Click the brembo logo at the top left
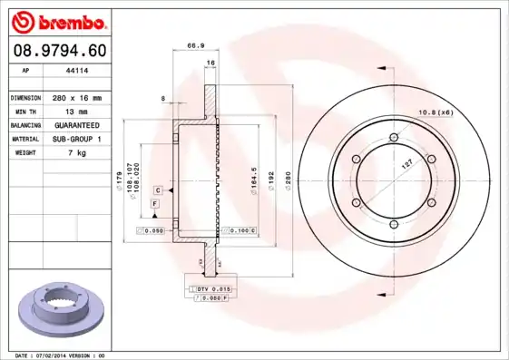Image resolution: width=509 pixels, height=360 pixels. [58, 21]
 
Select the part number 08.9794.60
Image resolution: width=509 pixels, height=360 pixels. [58, 51]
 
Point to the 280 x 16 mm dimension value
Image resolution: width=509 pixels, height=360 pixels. [76, 97]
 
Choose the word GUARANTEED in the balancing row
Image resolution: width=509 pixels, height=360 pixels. [76, 124]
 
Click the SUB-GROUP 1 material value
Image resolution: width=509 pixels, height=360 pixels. [76, 139]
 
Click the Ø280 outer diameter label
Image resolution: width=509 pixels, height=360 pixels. [288, 179]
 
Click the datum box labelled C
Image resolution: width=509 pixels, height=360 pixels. [158, 190]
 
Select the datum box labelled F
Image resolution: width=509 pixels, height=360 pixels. [155, 206]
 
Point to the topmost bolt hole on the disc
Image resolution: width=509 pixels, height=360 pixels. [393, 138]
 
